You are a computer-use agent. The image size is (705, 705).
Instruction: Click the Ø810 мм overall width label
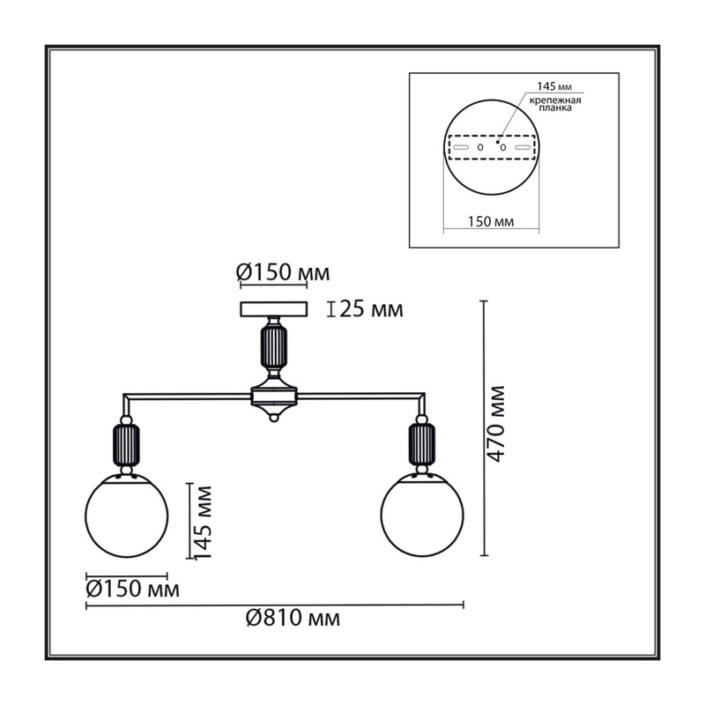(293, 619)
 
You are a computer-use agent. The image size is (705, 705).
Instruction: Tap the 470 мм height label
(497, 424)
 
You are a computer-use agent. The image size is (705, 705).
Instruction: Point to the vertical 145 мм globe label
(203, 523)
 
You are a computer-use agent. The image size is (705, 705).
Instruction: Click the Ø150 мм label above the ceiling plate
(283, 272)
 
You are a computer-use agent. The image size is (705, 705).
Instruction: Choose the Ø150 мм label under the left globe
(133, 589)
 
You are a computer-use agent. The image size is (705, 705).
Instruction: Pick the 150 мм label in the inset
(491, 222)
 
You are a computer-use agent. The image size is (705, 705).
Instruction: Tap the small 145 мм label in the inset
(555, 86)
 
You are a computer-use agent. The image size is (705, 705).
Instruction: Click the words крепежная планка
(555, 104)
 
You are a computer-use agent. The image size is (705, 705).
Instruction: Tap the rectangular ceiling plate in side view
(274, 309)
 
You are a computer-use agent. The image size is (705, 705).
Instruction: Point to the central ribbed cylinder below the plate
(274, 345)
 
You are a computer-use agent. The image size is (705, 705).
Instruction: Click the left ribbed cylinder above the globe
(126, 445)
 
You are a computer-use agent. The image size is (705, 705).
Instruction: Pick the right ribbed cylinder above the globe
(422, 445)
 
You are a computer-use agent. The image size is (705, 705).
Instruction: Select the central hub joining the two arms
(274, 396)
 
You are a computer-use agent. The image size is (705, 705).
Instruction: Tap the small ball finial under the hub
(273, 417)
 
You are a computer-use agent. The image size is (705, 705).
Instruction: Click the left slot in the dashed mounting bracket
(461, 147)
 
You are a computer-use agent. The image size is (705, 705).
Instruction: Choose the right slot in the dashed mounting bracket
(523, 147)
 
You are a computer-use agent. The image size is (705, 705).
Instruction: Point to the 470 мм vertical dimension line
(484, 428)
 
